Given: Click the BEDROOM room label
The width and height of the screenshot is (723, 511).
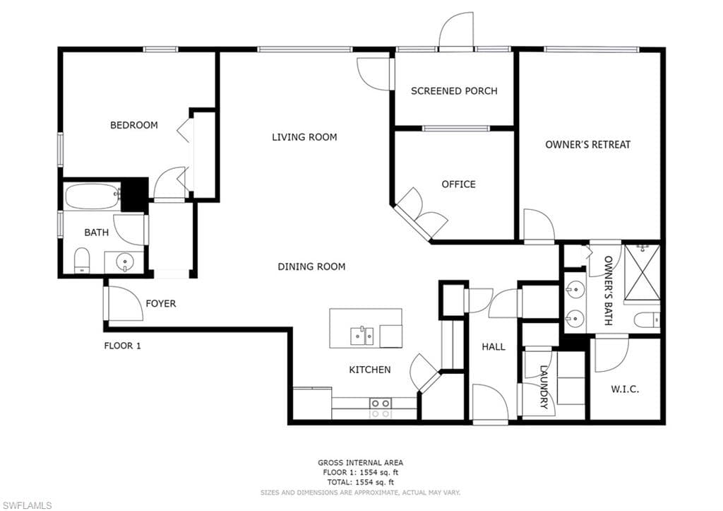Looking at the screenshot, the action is [133, 125].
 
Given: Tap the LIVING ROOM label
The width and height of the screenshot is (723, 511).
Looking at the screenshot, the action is [304, 137].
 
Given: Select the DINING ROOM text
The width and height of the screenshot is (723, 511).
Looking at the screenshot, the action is [311, 266].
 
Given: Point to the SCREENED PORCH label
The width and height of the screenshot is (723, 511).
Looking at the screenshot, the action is [454, 91].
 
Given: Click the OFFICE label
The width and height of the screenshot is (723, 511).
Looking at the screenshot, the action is [458, 184].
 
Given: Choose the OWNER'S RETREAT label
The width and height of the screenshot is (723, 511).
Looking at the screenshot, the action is [588, 144].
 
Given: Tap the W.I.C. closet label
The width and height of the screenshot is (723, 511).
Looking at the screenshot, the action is [626, 389].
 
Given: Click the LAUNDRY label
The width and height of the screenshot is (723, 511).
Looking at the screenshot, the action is [545, 387].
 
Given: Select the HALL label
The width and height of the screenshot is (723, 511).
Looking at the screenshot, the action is [494, 346].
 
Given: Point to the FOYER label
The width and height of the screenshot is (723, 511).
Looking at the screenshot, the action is [161, 303].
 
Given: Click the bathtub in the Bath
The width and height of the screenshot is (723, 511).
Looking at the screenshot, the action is [92, 196].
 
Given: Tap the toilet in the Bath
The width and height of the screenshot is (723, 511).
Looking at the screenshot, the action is [82, 260].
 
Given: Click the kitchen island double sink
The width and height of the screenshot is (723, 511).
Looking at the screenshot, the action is [362, 336].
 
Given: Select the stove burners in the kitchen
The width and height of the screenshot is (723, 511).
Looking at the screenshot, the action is [381, 408].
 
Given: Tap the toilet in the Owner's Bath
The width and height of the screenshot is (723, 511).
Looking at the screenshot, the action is [647, 319].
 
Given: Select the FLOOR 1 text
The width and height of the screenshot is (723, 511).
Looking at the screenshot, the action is [122, 346].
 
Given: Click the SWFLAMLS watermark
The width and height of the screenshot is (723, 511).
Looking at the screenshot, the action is [27, 506].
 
